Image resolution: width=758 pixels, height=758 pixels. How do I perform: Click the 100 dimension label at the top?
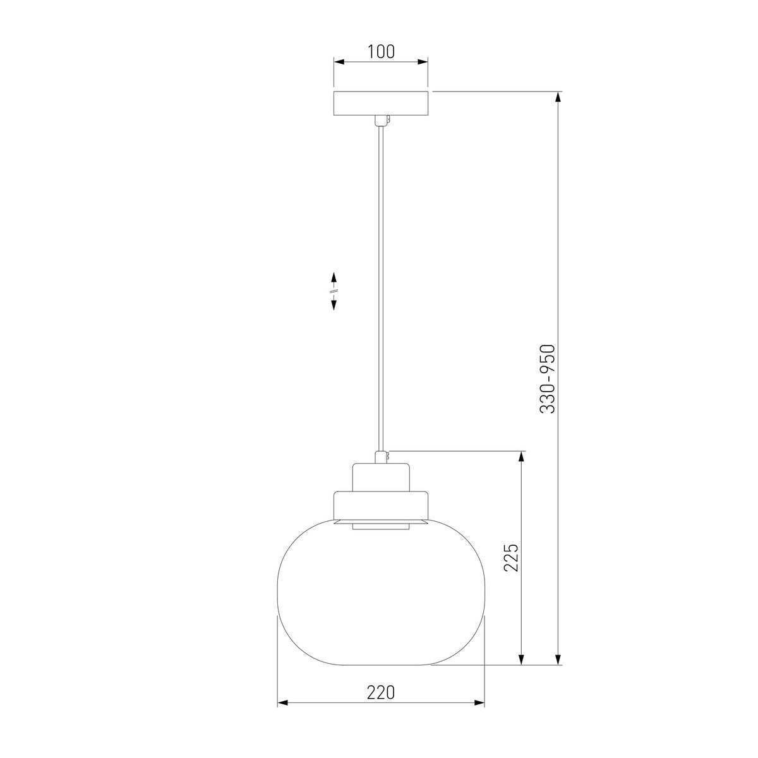click(381, 52)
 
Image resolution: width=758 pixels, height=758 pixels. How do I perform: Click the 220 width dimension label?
click(381, 692)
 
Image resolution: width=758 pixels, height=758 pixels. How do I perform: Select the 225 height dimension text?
click(512, 557)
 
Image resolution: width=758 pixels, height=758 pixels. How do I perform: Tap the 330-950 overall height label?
click(548, 379)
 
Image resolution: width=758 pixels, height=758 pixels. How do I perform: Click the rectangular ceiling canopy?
click(381, 103)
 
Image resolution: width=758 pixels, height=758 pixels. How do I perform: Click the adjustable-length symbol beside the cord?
click(334, 291)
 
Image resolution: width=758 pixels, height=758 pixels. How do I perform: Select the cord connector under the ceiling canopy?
click(381, 120)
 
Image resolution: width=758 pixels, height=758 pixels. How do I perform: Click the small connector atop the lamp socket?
click(382, 456)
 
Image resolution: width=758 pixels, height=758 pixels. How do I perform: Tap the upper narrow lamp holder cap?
click(381, 476)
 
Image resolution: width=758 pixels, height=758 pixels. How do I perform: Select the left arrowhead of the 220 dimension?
click(282, 702)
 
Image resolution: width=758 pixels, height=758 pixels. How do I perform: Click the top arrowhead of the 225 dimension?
click(521, 456)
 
